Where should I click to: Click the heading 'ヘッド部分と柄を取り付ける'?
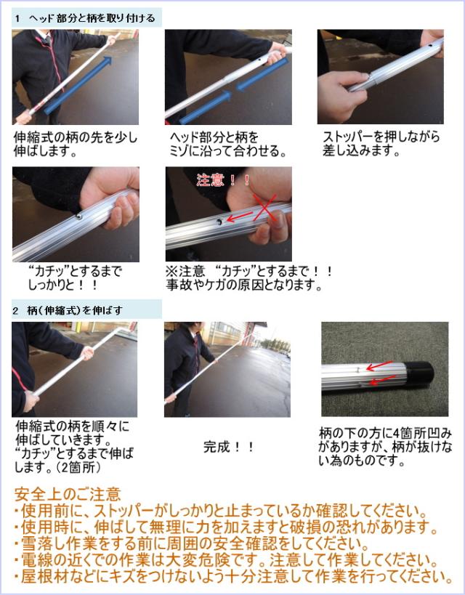point(92,18)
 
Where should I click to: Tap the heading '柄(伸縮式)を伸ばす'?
point(74,310)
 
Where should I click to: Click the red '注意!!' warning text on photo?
point(223,179)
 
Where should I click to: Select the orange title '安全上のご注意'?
point(68,494)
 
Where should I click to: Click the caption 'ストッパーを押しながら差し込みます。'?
point(381,143)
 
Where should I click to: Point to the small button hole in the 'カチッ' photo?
point(79,216)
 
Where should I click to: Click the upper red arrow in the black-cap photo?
point(379,366)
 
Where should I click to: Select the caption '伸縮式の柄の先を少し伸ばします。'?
point(75,144)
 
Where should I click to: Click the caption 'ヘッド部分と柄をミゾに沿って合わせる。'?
point(227,144)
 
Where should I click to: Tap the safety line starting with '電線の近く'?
point(225,560)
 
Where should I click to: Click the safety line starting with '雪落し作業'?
point(192,543)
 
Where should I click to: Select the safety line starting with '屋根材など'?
point(233,577)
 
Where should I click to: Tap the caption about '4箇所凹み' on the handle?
point(385,447)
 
